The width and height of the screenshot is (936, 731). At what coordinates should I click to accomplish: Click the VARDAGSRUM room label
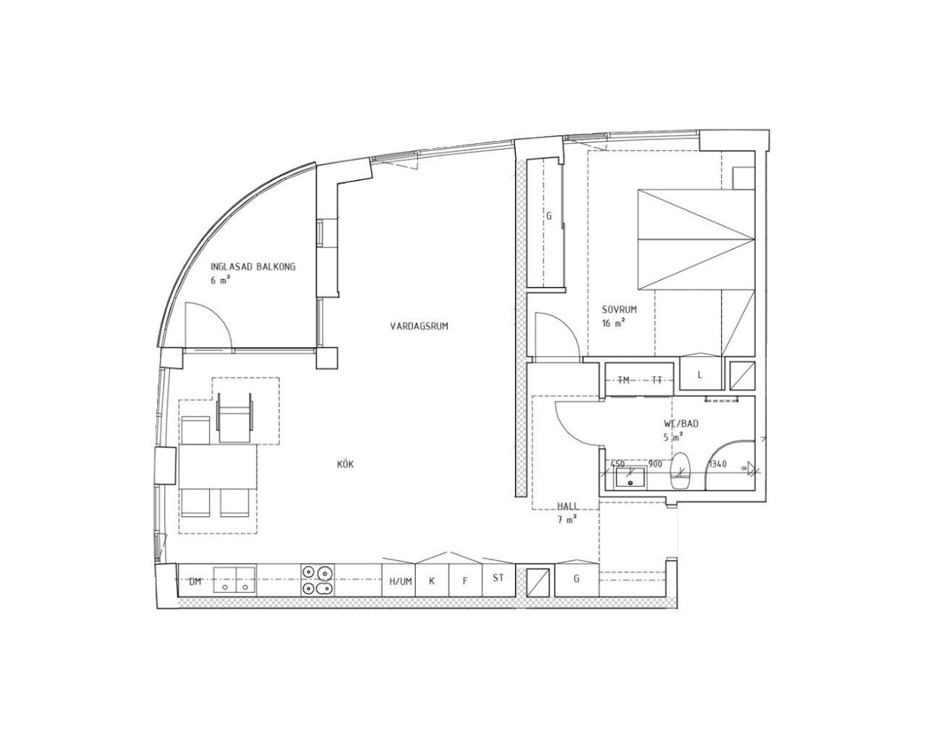pos(419,326)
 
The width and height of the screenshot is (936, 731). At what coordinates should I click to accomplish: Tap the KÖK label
pos(346,464)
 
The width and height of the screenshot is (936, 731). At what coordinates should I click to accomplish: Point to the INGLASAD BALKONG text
pos(253,267)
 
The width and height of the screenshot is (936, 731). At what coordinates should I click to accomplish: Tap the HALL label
pos(568,506)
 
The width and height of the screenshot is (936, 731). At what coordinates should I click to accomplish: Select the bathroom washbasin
pos(631,477)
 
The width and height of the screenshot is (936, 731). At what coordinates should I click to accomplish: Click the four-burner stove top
pos(318,580)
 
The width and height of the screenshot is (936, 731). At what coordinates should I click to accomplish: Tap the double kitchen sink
pos(234,581)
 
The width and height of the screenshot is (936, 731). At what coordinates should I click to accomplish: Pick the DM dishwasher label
pos(195,581)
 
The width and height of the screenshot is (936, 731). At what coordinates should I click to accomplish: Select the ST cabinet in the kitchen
pos(498,581)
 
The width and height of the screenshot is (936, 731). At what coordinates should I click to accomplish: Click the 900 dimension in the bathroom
pos(655,464)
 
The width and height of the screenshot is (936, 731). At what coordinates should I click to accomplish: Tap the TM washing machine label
pos(624,380)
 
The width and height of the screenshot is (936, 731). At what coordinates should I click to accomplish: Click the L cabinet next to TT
pos(700,374)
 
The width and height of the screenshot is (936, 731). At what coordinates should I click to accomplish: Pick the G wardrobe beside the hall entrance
pos(577,579)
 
